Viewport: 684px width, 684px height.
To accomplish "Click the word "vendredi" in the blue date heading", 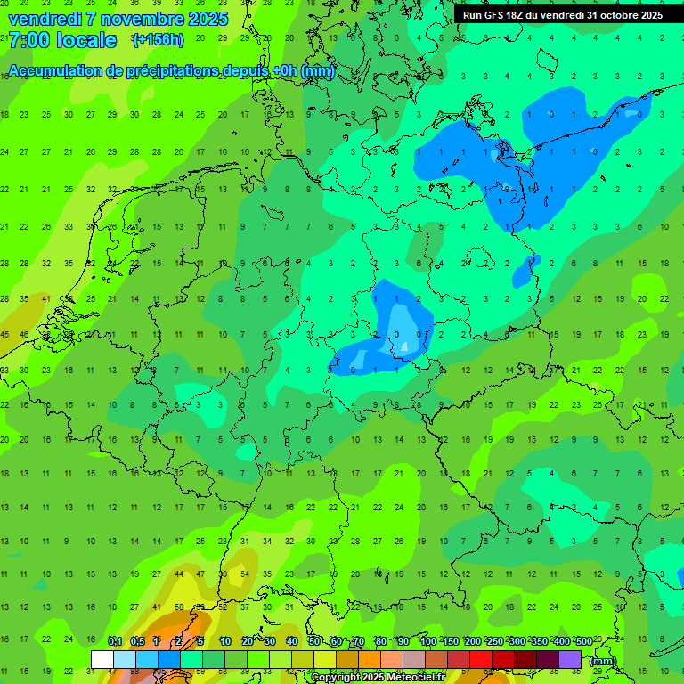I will pos(44,19).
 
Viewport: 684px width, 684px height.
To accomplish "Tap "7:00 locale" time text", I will pos(61,40).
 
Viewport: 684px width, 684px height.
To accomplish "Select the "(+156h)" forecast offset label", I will pos(159,40).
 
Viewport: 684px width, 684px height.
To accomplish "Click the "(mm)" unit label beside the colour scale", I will pos(603,661).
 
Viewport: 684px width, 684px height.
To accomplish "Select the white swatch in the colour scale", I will pos(102,659).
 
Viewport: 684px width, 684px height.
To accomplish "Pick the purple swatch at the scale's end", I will pos(570,659).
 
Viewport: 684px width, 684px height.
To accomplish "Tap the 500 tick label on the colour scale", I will pos(583,641).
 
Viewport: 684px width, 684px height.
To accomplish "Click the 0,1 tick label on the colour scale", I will pos(115,641).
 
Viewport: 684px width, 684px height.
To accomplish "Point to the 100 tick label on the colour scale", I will pos(427,641).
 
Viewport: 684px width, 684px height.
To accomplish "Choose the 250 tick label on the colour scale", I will pos(494,641).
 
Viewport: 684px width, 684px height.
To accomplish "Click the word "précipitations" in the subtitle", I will pos(178,71).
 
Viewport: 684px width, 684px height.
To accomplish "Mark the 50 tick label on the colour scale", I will pos(314,641).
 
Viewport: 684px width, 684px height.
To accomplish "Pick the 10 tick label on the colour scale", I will pos(225,641).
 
